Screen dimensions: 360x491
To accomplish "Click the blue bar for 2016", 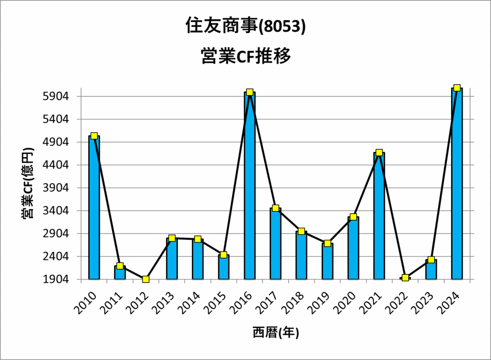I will click(249, 192).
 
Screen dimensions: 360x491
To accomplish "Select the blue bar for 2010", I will click(94, 211).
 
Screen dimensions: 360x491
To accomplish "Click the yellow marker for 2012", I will click(146, 279).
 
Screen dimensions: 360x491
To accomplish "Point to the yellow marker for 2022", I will click(405, 278).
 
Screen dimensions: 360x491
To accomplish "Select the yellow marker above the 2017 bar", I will click(275, 208).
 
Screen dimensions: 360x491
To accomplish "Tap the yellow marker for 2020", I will click(353, 217).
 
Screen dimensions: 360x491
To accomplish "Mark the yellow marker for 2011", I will click(120, 266).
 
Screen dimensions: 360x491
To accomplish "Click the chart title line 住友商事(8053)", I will click(245, 27).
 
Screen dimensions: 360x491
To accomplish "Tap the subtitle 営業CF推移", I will click(245, 57).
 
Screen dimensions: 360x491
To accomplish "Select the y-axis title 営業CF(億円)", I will click(28, 184).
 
